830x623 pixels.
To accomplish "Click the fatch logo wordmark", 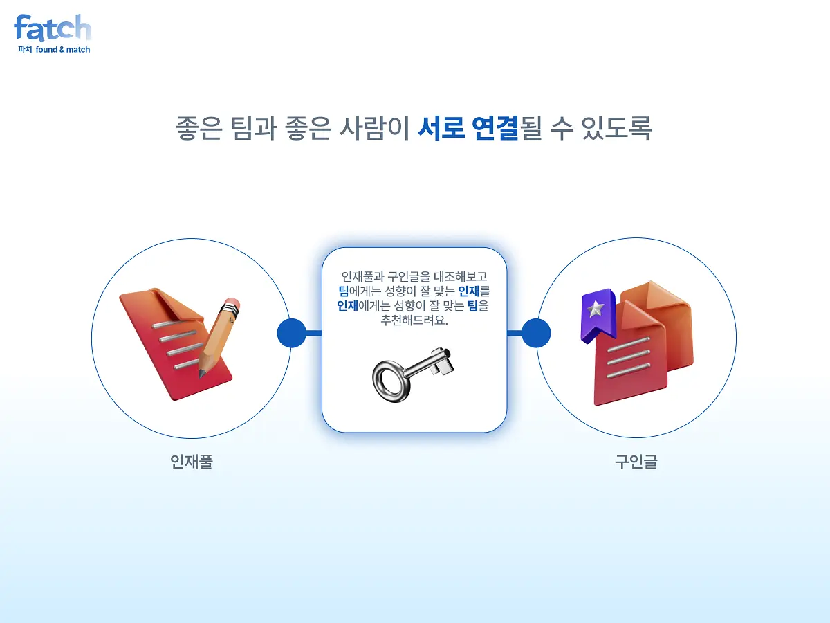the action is point(53,28).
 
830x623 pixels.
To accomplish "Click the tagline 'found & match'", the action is point(63,50).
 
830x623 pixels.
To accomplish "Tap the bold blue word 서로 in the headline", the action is point(441,128).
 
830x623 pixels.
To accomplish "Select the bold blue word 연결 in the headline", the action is point(495,128).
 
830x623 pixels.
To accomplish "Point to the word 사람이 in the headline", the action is point(374,128).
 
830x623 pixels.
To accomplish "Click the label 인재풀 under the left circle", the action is point(192,462).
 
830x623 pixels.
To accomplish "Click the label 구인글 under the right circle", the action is point(636,462).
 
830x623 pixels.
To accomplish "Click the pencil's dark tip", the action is point(202,373).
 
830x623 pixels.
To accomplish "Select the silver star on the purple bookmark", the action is point(596,309).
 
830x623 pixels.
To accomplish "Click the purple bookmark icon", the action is point(598,316).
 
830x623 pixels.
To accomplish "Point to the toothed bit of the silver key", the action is point(443,361).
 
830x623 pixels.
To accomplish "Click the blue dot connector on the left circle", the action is point(292,333).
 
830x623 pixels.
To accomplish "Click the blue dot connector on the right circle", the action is point(536,333).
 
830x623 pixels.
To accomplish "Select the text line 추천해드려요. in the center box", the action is point(414,320).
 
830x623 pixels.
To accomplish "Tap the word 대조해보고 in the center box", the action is point(460,276).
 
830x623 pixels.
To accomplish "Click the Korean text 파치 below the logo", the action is point(25,50).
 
